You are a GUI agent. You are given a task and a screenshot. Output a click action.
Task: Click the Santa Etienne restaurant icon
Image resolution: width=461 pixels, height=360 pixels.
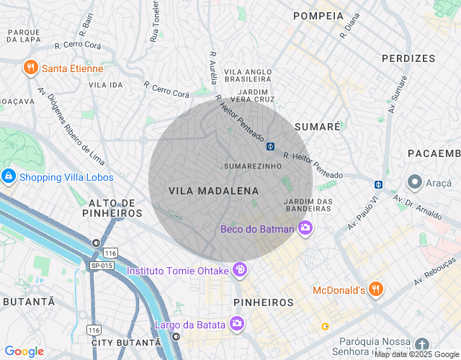[x=30, y=68]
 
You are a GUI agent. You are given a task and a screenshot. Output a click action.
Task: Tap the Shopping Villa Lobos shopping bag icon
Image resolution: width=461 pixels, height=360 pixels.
[x=9, y=176]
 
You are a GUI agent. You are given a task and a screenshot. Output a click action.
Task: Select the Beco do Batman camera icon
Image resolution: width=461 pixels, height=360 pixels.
[x=305, y=229]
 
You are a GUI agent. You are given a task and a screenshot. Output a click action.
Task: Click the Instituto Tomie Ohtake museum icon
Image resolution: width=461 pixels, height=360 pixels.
[x=240, y=271]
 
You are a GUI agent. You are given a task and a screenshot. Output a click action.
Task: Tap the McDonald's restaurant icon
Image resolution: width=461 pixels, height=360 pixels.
[x=375, y=290]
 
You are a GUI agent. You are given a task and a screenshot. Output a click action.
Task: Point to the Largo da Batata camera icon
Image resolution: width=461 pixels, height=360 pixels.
[x=236, y=325]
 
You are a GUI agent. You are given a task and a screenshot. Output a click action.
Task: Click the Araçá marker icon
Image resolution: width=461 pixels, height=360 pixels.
[x=414, y=183]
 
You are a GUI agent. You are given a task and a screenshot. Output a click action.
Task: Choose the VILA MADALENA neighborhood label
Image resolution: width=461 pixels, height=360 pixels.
[x=213, y=191]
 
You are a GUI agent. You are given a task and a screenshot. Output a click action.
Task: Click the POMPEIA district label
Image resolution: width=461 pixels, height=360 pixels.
[x=318, y=16]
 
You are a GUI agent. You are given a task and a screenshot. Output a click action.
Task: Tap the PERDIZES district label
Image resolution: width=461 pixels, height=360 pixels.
[x=408, y=58]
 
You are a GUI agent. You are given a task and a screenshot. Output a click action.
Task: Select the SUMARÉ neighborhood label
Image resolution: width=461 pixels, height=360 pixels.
[x=317, y=126]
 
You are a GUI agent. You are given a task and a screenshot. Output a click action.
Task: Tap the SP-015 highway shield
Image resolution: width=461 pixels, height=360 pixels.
[x=102, y=266]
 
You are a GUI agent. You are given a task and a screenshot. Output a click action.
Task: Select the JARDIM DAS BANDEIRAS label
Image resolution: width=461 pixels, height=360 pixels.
[x=308, y=205]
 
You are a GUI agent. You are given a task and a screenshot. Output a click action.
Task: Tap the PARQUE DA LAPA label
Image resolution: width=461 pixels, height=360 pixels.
[x=24, y=36]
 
